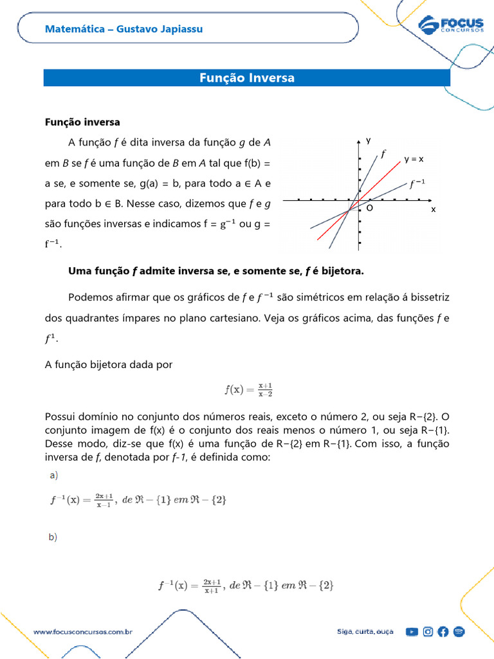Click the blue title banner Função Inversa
247,78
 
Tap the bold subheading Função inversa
82,122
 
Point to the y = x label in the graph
414,158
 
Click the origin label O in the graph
370,209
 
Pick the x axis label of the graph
433,209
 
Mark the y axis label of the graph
369,140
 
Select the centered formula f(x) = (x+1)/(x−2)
248,389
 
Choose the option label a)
53,476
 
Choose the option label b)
53,537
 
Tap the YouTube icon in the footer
412,632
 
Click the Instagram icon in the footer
428,632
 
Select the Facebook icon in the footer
443,632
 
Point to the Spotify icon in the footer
459,632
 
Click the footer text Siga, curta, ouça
365,632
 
